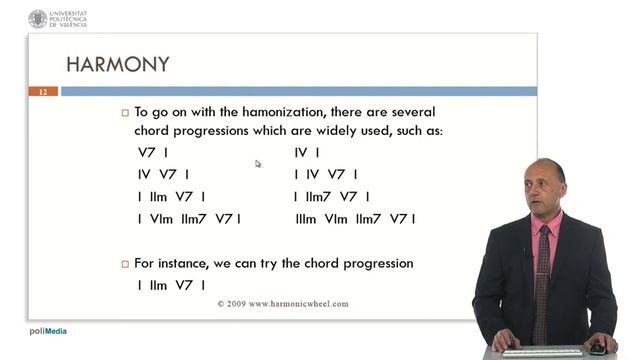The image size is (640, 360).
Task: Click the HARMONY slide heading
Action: point(117,64)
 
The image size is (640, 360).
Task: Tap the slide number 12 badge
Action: point(43,92)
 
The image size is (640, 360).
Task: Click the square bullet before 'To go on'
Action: point(125,114)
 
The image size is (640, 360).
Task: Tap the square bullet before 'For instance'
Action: point(125,264)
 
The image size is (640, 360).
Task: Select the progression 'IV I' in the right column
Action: point(306,153)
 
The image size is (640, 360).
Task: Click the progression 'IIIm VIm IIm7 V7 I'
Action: point(354,219)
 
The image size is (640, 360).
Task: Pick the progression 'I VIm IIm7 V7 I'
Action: point(189,219)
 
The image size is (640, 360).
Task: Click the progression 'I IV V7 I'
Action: point(327,175)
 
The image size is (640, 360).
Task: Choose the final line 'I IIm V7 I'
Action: point(171,285)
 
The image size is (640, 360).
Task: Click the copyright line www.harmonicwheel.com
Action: point(284,303)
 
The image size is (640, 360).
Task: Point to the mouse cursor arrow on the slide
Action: point(257,164)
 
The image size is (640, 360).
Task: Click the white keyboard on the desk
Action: point(541,352)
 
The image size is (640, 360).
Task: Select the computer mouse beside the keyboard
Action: point(596,349)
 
